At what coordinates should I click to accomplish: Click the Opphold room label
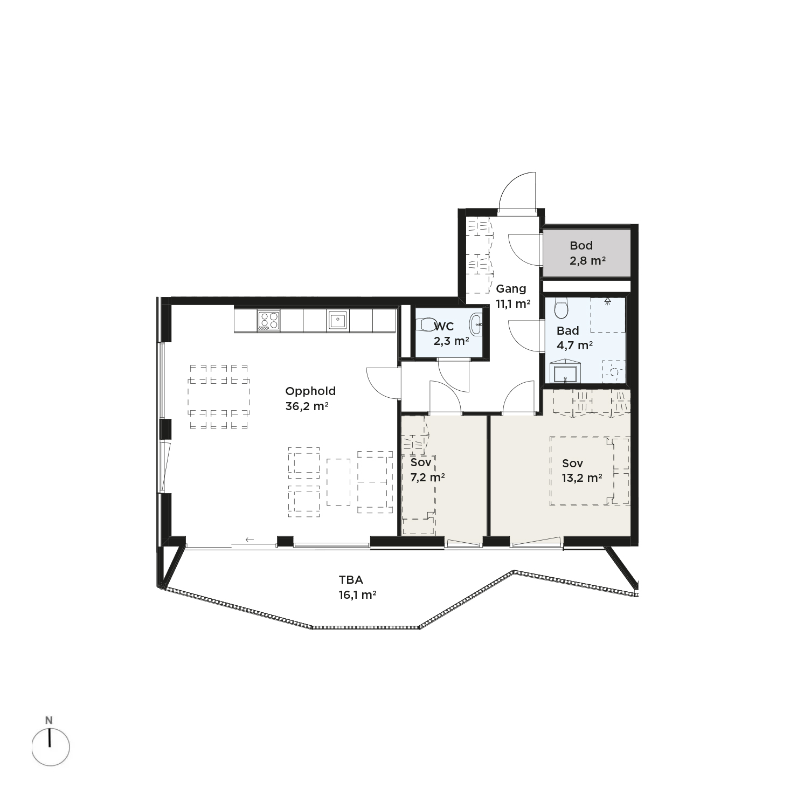coord(310,392)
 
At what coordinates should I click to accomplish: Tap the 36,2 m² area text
coord(307,406)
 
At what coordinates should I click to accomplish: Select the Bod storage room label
coord(581,246)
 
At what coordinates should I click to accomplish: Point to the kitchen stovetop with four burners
coord(269,320)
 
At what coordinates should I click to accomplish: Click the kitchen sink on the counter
coord(337,320)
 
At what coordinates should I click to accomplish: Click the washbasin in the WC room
coord(477,324)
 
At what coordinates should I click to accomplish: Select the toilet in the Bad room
coord(561,308)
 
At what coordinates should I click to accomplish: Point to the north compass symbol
coord(50,746)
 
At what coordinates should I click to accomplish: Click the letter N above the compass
coord(49,720)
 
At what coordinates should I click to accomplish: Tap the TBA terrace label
coord(351,580)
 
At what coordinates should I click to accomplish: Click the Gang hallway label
coord(511,288)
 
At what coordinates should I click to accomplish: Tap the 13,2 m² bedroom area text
coord(582,478)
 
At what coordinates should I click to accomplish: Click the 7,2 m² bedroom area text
coord(427,477)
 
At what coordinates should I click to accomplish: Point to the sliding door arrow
coord(249,539)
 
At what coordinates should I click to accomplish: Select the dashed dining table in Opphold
coord(219,396)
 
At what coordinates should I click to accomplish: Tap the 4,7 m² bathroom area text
coord(575,345)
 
